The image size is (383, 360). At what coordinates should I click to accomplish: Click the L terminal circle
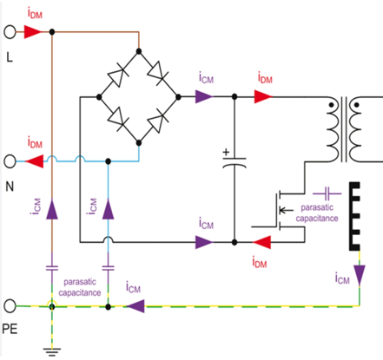10,31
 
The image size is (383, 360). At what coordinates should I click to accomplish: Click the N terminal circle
10,161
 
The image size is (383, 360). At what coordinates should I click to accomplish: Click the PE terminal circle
10,305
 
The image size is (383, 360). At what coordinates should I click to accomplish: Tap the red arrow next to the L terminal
33,32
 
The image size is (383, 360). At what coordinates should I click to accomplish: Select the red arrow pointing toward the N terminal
35,161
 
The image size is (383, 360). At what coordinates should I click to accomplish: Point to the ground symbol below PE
52,352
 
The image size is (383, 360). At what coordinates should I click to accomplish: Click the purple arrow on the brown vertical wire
52,209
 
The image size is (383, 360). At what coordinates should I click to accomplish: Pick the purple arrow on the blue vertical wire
108,209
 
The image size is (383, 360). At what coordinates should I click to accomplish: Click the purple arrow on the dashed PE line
135,306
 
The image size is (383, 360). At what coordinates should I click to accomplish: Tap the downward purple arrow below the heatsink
360,275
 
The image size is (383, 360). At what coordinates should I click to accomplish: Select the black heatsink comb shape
354,216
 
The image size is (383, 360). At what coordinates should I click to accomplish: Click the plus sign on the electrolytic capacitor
226,152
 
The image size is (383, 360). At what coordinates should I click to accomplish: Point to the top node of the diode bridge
139,51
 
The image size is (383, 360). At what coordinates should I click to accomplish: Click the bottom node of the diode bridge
139,143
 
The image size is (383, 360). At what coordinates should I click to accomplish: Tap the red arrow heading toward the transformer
263,96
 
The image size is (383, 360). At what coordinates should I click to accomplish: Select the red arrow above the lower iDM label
262,242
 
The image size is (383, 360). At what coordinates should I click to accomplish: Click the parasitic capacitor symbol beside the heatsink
327,193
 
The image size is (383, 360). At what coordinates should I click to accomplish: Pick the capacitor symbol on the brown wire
52,268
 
